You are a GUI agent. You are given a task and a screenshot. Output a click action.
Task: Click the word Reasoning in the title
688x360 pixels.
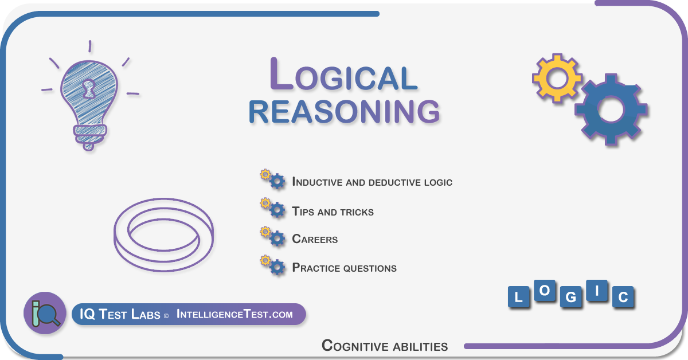click(345, 112)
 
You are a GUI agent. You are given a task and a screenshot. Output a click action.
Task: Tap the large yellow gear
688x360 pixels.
click(557, 78)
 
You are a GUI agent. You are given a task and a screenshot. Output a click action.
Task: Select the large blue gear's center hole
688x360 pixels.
click(611, 109)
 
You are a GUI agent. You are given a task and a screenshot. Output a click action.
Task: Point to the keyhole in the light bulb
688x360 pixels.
click(89, 88)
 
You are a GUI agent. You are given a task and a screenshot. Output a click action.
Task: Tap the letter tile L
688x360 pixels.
click(518, 297)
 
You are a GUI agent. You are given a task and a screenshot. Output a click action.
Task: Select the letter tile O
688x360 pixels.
click(545, 290)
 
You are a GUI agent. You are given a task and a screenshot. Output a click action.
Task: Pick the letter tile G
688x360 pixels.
click(570, 297)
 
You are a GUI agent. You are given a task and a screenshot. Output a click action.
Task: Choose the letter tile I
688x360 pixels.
click(597, 290)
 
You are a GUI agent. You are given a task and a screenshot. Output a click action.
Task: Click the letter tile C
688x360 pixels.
click(623, 297)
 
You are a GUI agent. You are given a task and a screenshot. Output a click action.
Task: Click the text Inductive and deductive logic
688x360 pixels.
click(372, 182)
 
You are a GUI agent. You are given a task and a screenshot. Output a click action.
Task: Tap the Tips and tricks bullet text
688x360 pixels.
click(333, 212)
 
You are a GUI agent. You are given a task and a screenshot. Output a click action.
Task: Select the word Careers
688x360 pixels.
click(315, 239)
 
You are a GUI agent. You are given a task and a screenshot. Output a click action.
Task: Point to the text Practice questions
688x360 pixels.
click(345, 268)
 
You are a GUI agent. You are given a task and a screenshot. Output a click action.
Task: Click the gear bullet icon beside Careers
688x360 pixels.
click(273, 237)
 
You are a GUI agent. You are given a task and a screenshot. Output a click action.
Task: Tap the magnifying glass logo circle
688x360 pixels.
click(45, 313)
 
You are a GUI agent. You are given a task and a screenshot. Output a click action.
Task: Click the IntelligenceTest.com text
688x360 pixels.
click(234, 314)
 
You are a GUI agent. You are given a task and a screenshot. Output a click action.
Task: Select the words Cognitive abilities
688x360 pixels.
click(385, 346)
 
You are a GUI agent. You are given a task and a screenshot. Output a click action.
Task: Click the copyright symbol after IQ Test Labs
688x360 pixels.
click(166, 316)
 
